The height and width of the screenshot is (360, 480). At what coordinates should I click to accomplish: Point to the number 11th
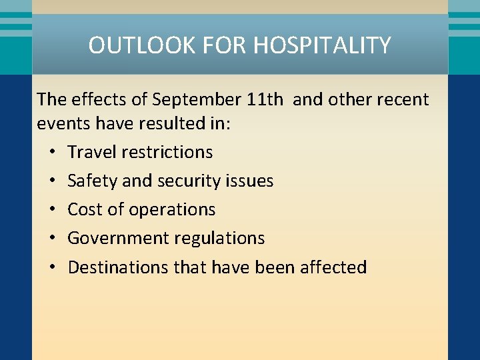click(x=265, y=100)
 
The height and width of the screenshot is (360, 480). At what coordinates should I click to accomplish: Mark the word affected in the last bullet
click(x=333, y=267)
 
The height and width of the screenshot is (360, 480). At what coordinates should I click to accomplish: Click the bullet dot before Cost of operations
click(x=52, y=209)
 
